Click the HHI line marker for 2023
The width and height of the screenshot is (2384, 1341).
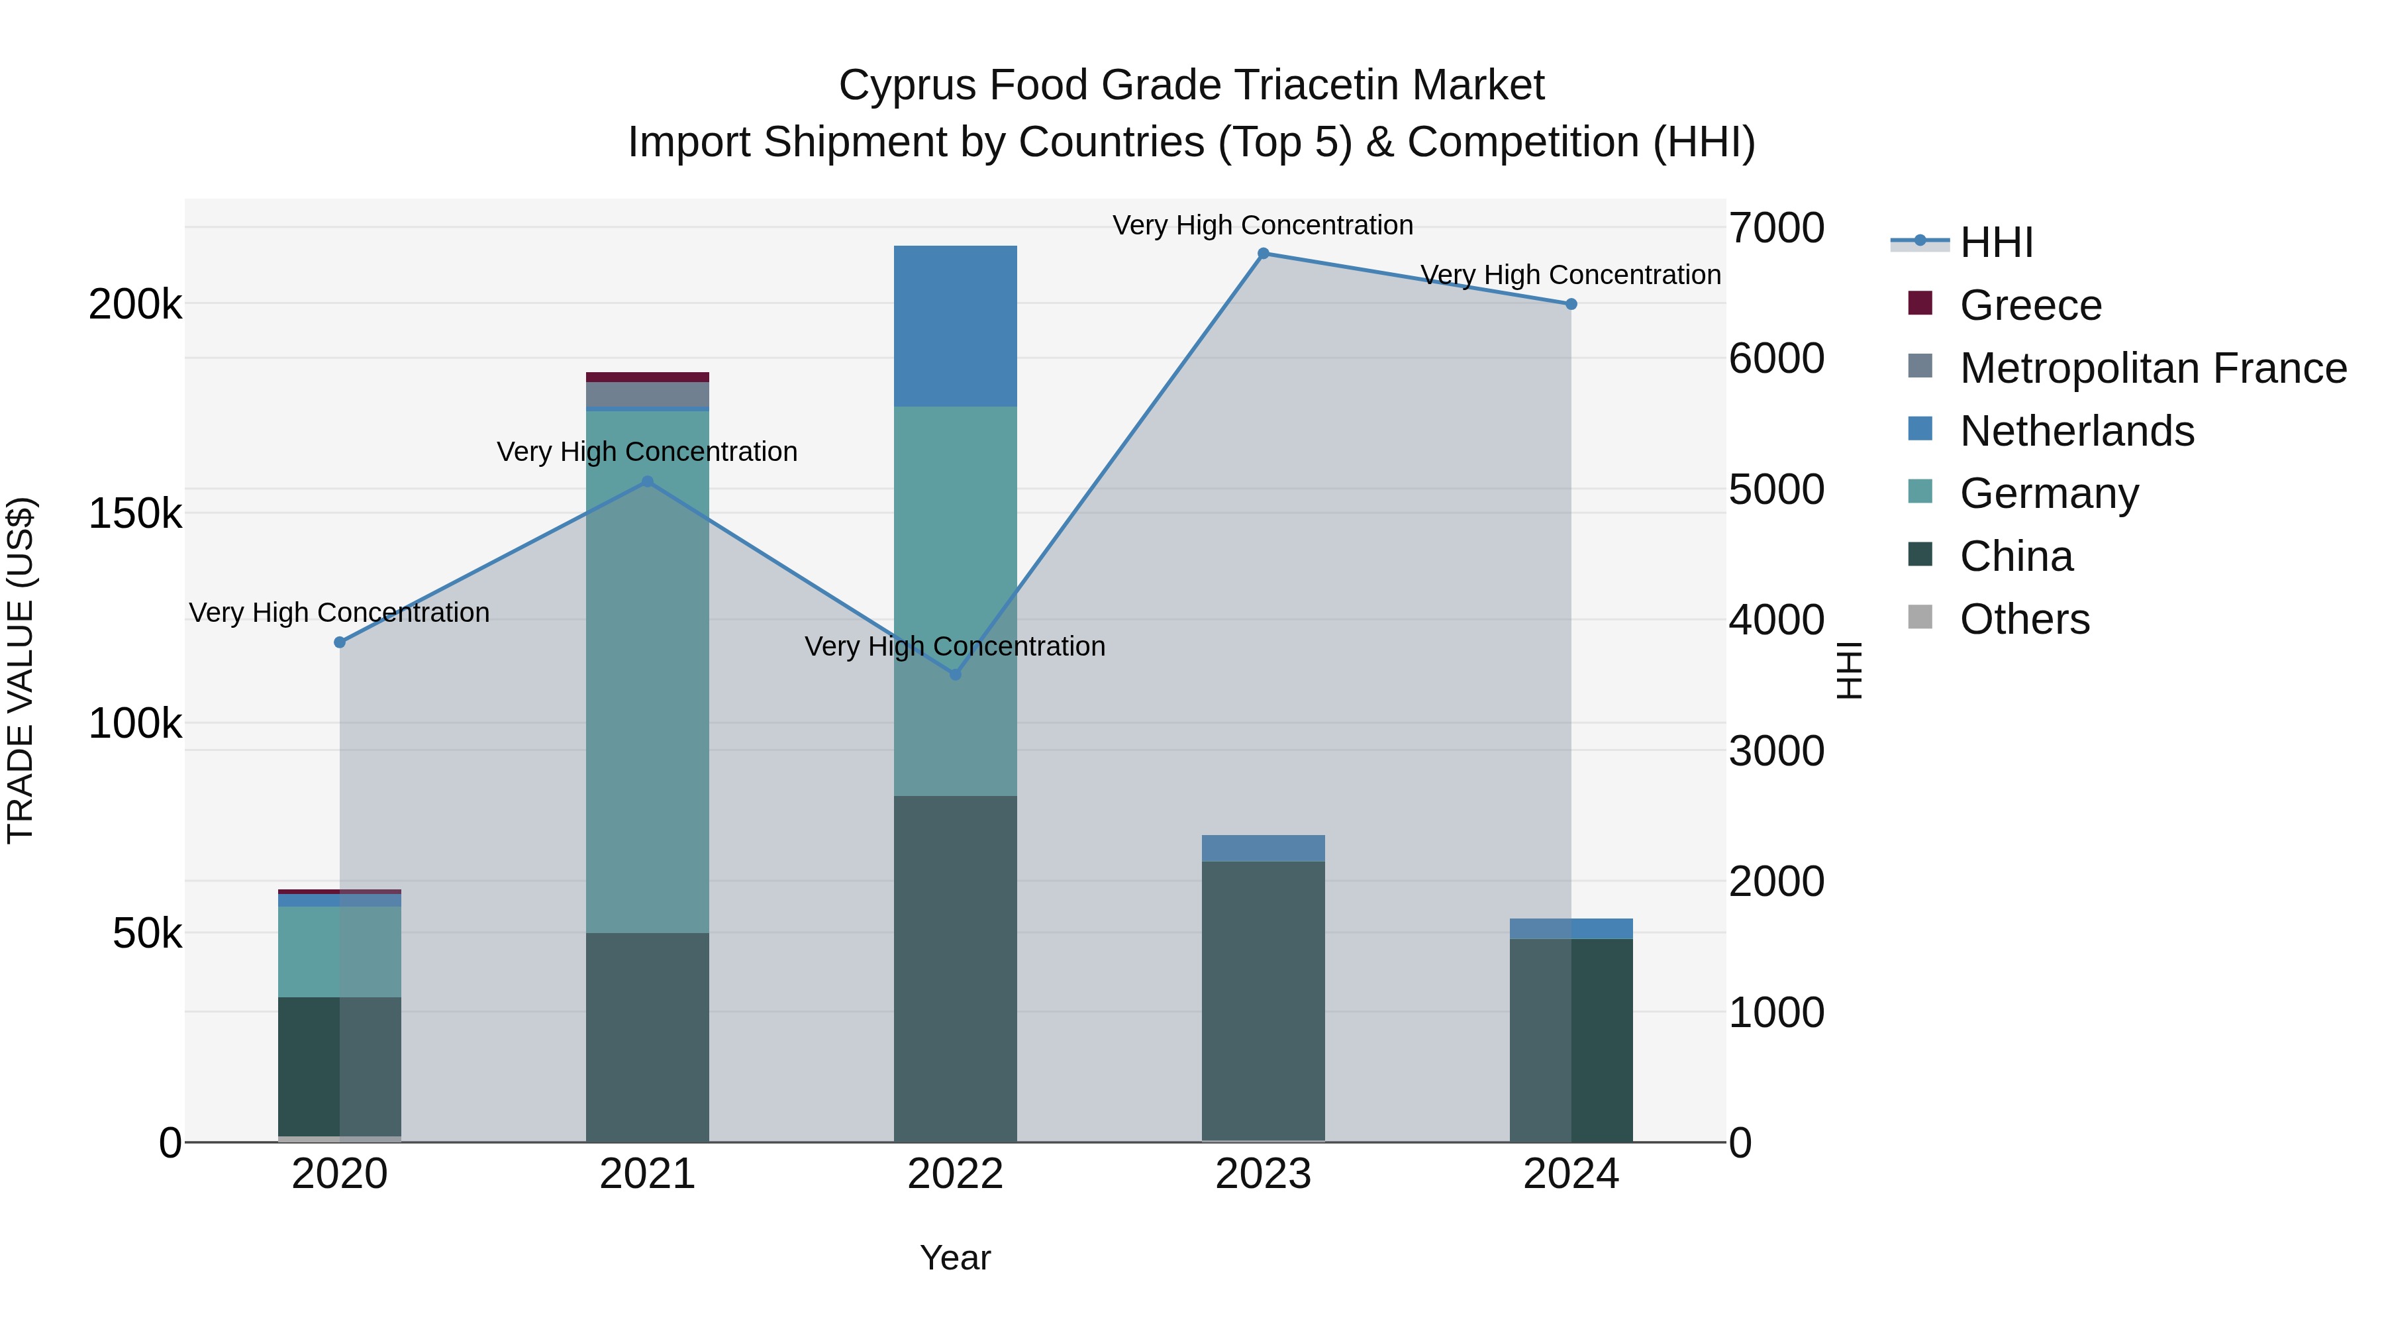pyautogui.click(x=1264, y=254)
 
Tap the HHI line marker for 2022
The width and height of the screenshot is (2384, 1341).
pyautogui.click(x=955, y=675)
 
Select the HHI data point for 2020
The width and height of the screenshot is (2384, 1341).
pyautogui.click(x=340, y=642)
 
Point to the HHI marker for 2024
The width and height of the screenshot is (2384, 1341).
pyautogui.click(x=1571, y=305)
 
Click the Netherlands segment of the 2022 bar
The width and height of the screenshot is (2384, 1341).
pyautogui.click(x=955, y=326)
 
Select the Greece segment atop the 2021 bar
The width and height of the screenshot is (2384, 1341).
pyautogui.click(x=647, y=377)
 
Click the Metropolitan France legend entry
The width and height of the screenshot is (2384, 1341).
pyautogui.click(x=2153, y=368)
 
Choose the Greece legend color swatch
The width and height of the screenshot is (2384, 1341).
pyautogui.click(x=1920, y=303)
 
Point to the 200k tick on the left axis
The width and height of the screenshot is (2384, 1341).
pyautogui.click(x=135, y=305)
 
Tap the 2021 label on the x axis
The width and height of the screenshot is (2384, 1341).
pyautogui.click(x=647, y=1174)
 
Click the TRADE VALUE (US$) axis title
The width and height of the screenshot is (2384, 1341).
pyautogui.click(x=21, y=670)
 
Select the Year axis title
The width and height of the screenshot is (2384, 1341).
pyautogui.click(x=955, y=1258)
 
